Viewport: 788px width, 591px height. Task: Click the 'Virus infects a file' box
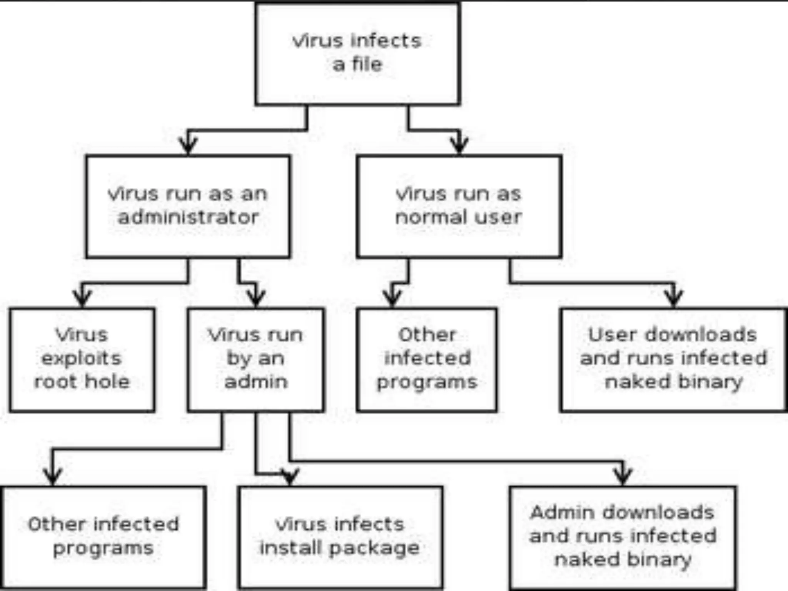pos(357,53)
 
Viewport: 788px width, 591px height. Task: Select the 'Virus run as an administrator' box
pos(188,206)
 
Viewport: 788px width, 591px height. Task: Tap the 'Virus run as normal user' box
pos(459,206)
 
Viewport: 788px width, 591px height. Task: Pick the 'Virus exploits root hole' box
pos(82,359)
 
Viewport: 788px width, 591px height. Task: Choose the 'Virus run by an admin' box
pos(256,359)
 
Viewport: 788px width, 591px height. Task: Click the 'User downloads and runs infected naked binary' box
pos(673,359)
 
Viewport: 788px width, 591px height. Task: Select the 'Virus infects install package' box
pos(340,537)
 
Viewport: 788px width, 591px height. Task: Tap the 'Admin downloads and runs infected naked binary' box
pos(623,537)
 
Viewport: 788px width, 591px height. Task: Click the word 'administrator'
pos(188,218)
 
